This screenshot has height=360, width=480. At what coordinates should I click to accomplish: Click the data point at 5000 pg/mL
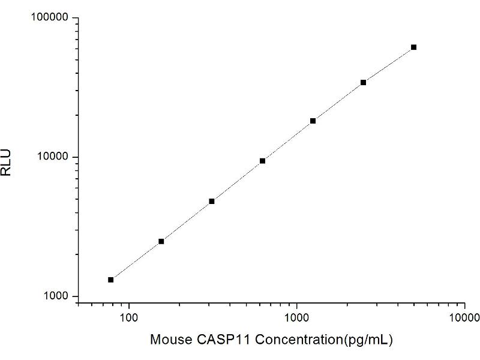click(413, 47)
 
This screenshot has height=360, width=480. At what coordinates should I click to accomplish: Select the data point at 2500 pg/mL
click(363, 82)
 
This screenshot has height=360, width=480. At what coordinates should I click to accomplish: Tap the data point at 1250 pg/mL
click(313, 121)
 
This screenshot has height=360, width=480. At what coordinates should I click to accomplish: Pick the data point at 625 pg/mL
click(262, 161)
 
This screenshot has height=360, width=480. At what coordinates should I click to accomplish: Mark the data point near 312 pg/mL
click(212, 201)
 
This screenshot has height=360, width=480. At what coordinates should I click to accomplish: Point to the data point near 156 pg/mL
click(161, 241)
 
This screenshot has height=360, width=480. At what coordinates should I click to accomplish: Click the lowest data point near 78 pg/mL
click(111, 280)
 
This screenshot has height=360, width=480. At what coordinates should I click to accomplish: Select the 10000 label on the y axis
click(53, 157)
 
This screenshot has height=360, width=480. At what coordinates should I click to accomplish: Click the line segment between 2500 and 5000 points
click(388, 65)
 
